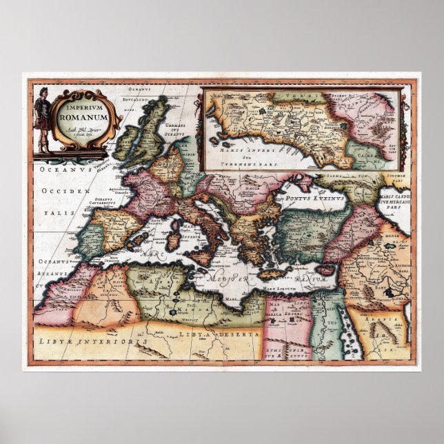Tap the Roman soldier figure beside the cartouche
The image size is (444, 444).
point(43,117)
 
